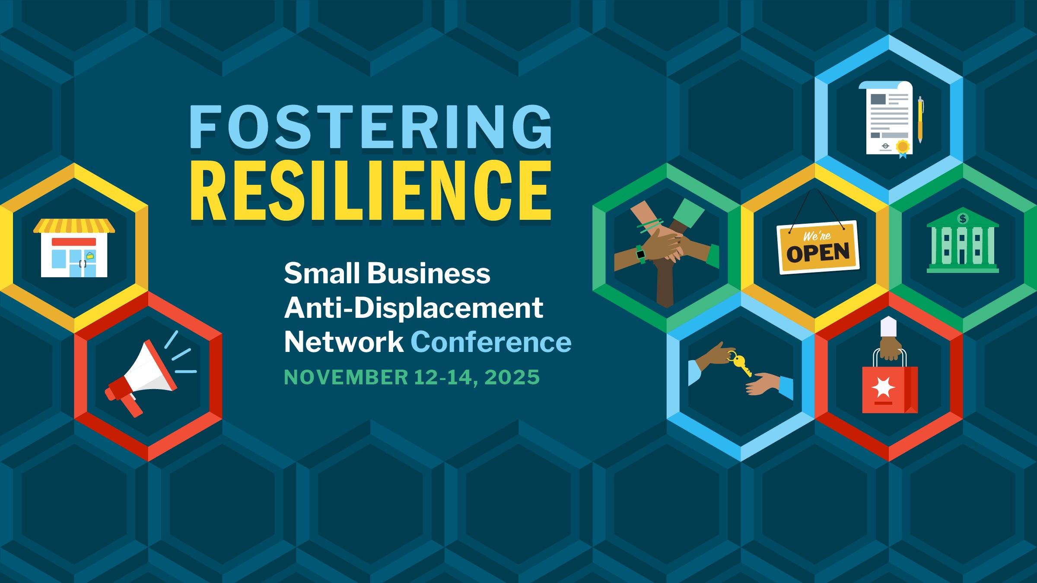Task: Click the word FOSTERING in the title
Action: pos(371,128)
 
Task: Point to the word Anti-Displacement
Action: pos(414,308)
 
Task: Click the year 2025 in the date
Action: pos(512,377)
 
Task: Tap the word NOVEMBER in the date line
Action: pos(346,377)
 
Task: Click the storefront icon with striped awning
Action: pos(74,247)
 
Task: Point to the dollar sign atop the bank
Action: pos(963,219)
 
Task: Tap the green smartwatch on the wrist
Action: pos(640,254)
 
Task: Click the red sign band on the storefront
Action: pos(74,242)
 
